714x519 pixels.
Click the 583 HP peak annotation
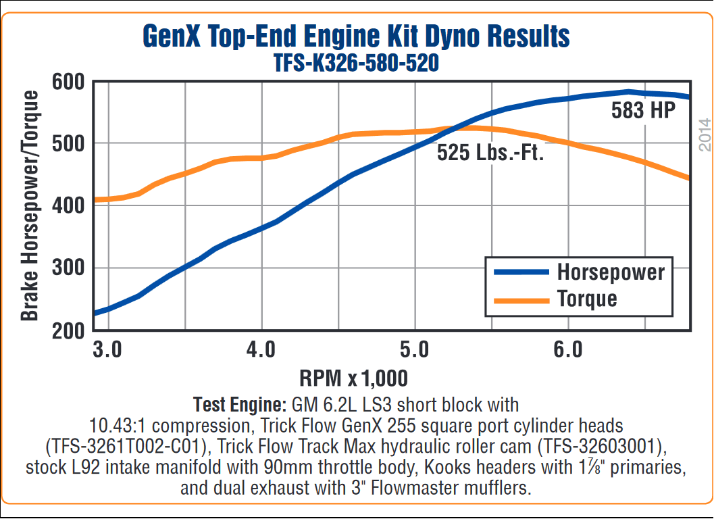[643, 111]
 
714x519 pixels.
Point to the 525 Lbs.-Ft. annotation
[490, 153]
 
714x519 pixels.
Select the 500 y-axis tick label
[68, 144]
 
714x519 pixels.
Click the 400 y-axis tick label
[68, 206]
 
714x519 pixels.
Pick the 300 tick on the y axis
[68, 268]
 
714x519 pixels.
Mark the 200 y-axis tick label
[68, 330]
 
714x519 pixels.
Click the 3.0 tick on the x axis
[107, 350]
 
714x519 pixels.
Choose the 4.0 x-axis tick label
[261, 350]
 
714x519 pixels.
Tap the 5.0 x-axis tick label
[414, 350]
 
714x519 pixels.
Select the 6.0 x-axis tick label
[567, 350]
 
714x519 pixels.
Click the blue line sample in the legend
[521, 272]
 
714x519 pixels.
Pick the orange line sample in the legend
[521, 298]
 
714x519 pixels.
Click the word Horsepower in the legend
[611, 272]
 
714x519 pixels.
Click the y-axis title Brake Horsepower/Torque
[30, 206]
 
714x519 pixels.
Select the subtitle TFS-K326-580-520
[356, 64]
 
